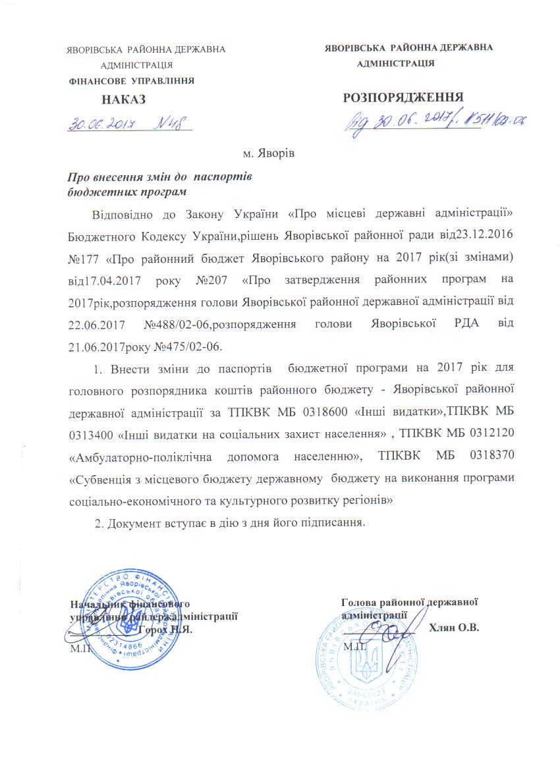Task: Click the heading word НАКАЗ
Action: [123, 99]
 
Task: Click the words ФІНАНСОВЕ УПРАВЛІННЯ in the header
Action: [132, 81]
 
